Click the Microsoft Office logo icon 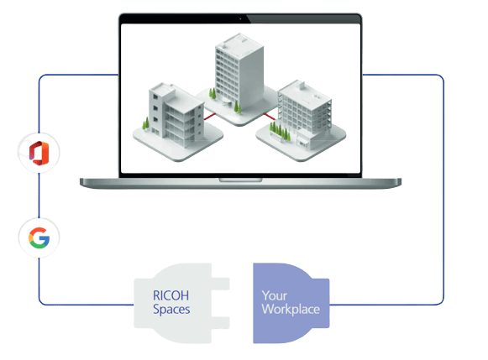point(39,153)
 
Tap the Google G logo point(39,237)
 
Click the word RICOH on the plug point(171,295)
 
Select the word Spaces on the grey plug point(171,310)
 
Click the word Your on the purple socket point(274,295)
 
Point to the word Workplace point(291,310)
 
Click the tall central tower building point(239,72)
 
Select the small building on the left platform point(176,115)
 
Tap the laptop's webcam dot point(240,19)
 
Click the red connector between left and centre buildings point(209,117)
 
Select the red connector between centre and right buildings point(270,117)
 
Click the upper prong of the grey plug point(220,284)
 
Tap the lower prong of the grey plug point(220,323)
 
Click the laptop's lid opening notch point(240,180)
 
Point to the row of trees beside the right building point(280,131)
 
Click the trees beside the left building point(145,123)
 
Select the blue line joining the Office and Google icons point(39,196)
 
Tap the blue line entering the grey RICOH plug point(87,305)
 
